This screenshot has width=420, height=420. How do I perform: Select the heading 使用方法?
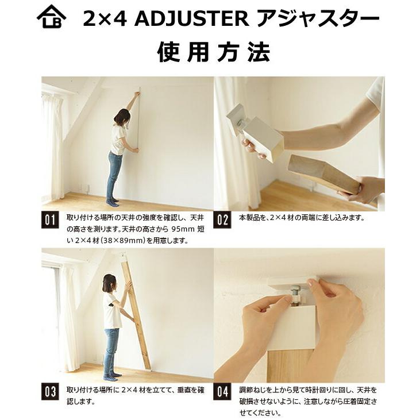tap(213, 53)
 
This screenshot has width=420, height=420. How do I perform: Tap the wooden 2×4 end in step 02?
tap(322, 172)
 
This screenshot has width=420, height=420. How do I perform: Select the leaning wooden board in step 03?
tap(136, 313)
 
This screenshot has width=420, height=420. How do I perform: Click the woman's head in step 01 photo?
tap(121, 117)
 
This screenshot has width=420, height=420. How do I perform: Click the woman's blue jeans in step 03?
tap(111, 350)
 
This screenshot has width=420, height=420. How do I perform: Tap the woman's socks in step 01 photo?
tap(113, 202)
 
